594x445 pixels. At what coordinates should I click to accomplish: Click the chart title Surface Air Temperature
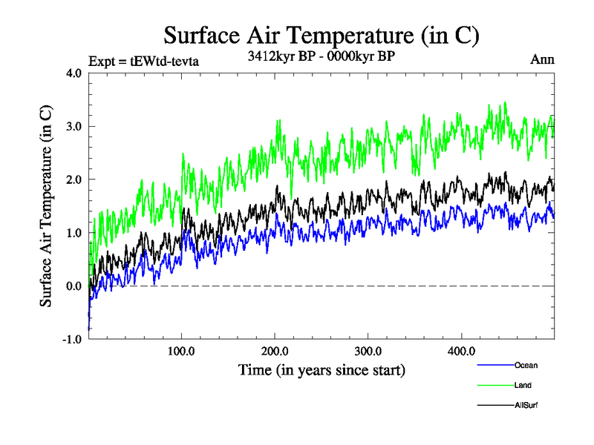(321, 35)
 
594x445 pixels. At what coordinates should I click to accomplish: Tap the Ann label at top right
(542, 59)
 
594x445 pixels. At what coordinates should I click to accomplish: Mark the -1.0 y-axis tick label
(73, 340)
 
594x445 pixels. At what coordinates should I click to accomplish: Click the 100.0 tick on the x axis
(182, 351)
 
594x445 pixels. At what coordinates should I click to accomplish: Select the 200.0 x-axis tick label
(275, 351)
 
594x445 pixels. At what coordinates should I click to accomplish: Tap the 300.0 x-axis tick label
(368, 351)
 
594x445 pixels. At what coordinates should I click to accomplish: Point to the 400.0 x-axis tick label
(462, 351)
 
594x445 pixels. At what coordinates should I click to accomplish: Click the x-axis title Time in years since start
(322, 369)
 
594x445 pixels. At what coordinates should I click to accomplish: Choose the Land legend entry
(523, 385)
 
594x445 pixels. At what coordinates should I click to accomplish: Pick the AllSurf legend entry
(526, 405)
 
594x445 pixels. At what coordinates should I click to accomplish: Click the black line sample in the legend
(495, 405)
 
